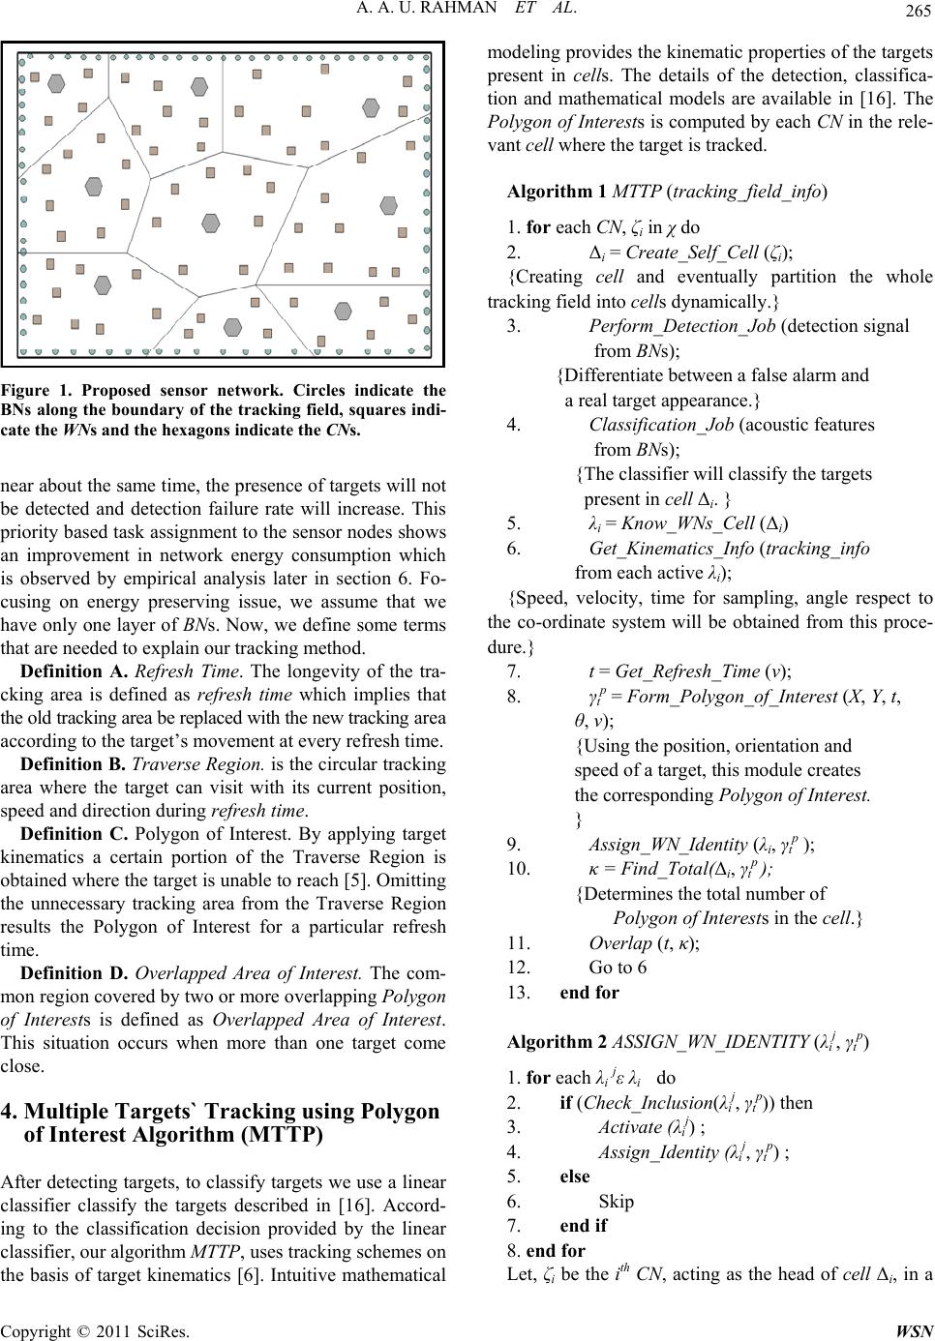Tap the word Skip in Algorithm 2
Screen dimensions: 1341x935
(x=617, y=1201)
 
